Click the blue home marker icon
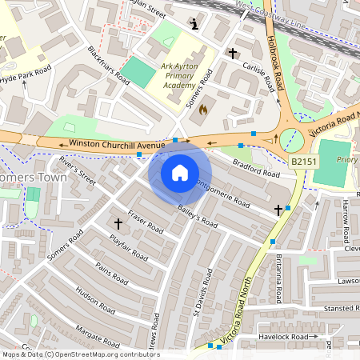click(180, 173)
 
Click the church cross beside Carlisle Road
click(232, 54)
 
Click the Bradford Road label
click(255, 169)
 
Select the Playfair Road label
click(127, 250)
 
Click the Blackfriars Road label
click(109, 65)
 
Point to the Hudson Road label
click(96, 298)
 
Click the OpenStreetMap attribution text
click(80, 354)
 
